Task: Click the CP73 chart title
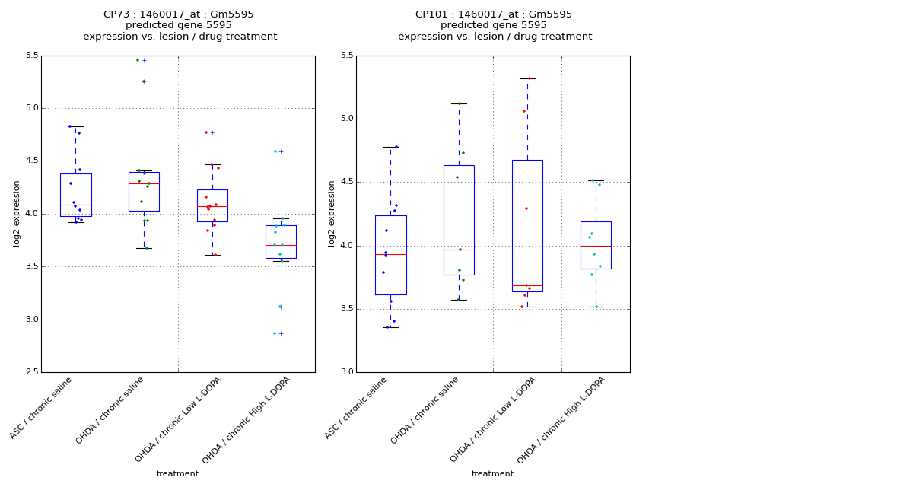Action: click(180, 25)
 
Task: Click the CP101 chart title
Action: click(495, 25)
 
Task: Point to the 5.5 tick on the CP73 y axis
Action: click(32, 56)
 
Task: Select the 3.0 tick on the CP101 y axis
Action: click(347, 372)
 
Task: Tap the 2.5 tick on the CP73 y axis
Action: click(32, 372)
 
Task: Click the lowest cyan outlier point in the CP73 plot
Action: click(275, 333)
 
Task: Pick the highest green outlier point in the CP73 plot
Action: click(138, 60)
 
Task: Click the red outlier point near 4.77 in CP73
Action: click(205, 132)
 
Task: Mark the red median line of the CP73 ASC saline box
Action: click(75, 205)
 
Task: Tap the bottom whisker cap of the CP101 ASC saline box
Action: click(390, 327)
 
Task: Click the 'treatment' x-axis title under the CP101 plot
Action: click(492, 474)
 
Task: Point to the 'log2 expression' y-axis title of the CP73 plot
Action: click(17, 213)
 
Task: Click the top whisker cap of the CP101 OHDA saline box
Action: click(459, 103)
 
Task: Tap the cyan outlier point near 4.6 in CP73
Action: click(275, 151)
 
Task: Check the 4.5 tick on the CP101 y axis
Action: click(347, 182)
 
